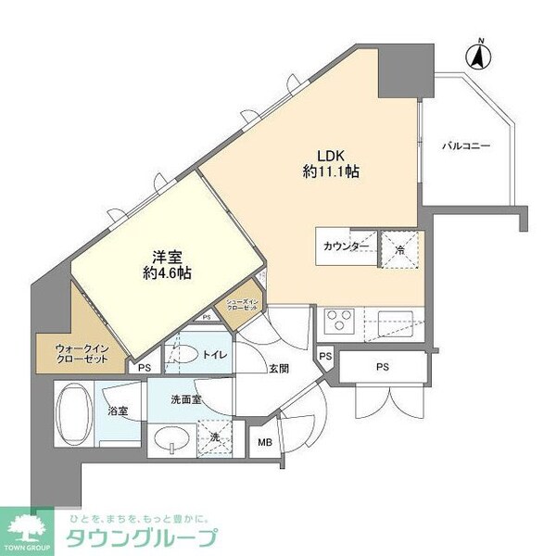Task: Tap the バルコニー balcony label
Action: click(x=464, y=146)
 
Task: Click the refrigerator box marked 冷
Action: click(x=401, y=247)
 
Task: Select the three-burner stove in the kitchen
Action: click(x=340, y=321)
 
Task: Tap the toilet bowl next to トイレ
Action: click(x=189, y=353)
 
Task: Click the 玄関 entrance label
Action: click(x=279, y=368)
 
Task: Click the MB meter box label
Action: click(x=265, y=443)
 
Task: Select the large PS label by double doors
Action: click(x=382, y=366)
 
